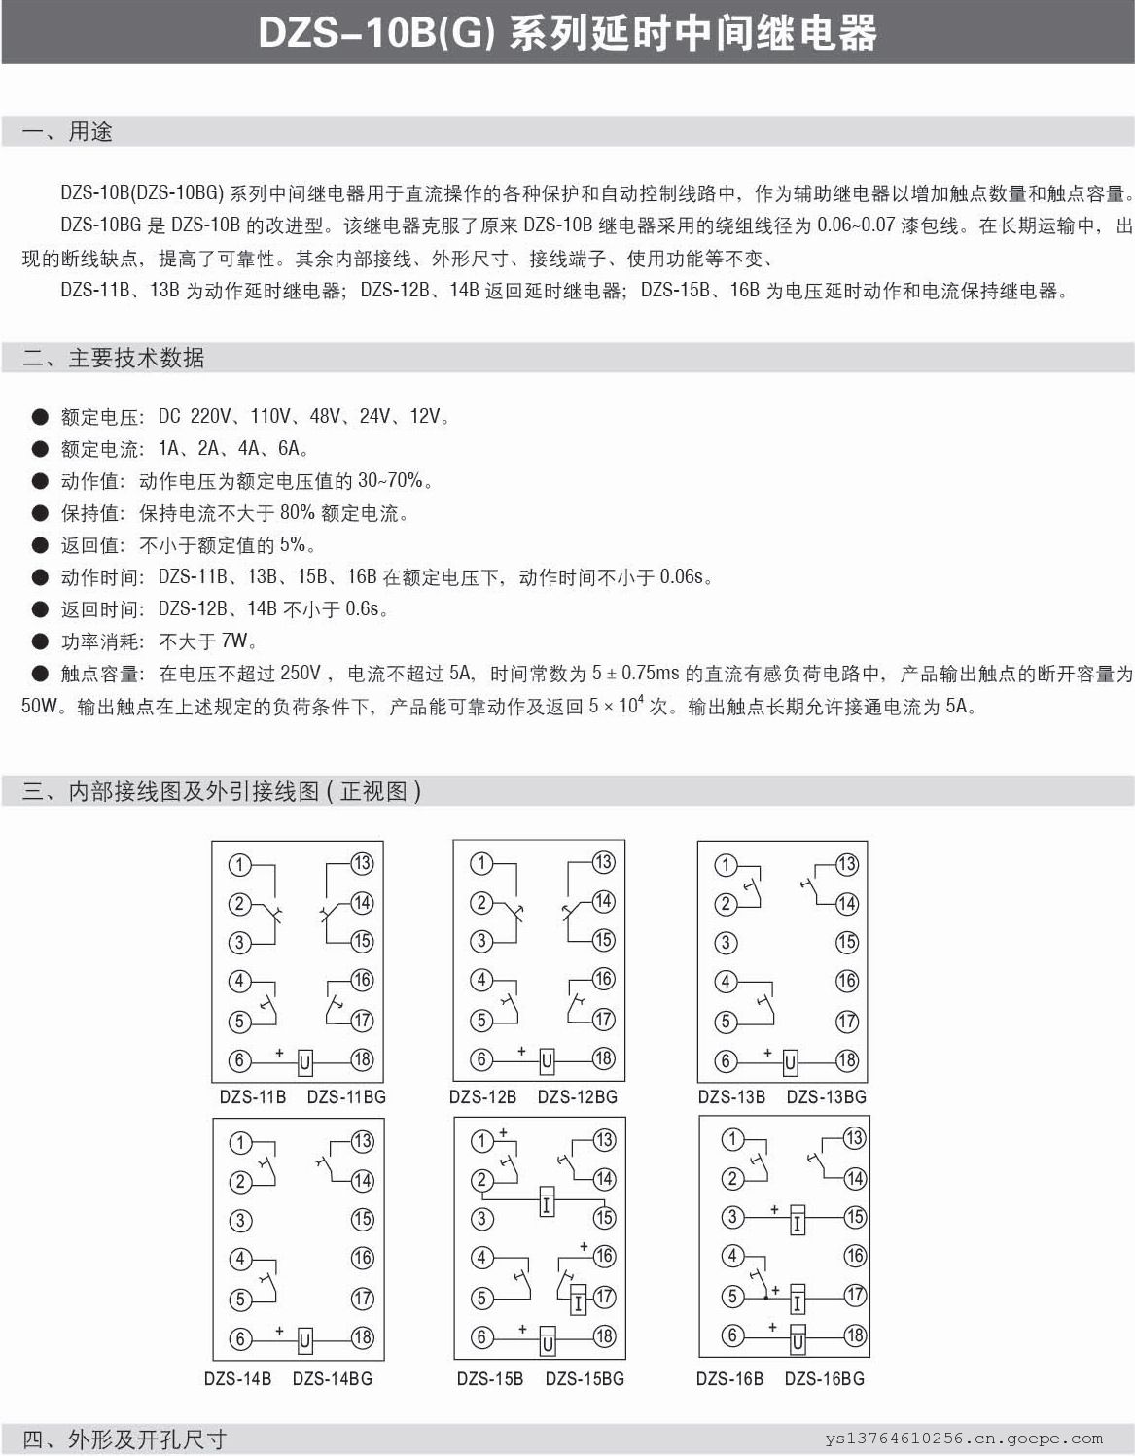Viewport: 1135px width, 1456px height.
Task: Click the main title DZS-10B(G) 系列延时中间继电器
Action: pos(567,33)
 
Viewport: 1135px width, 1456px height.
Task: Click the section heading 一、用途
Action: pos(67,132)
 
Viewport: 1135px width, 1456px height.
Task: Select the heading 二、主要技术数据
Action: pos(113,358)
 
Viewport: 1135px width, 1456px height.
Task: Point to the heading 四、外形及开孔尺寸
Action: pos(124,1439)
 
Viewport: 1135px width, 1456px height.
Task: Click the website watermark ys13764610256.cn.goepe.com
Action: pos(964,1439)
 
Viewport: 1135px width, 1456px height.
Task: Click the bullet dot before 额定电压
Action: pos(40,417)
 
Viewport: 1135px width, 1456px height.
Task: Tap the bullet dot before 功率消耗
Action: pos(40,641)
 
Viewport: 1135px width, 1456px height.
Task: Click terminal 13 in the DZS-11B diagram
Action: pos(362,863)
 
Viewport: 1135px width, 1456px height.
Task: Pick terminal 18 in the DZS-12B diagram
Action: pos(603,1058)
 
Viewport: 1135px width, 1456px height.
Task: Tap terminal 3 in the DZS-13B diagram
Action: pos(725,943)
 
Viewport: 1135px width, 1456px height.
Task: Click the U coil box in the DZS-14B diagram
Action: pos(304,1340)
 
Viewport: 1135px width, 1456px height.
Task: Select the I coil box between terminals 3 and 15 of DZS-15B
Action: pos(547,1205)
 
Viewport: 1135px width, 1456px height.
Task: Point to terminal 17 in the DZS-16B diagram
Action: pos(854,1296)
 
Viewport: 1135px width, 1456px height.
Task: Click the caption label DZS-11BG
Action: pos(346,1097)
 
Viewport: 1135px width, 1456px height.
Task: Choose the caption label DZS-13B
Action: pos(731,1097)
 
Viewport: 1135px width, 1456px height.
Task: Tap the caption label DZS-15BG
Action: pos(585,1379)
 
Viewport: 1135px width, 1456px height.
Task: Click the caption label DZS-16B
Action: pos(729,1379)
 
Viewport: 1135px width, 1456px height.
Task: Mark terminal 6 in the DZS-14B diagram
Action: pos(240,1339)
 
